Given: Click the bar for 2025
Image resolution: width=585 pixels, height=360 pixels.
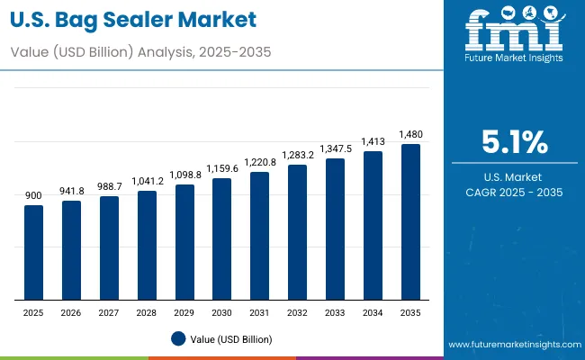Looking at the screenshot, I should click(x=33, y=253).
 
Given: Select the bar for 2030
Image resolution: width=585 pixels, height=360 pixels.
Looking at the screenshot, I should click(x=222, y=239).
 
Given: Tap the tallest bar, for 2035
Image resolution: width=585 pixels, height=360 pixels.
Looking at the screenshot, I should click(x=410, y=222).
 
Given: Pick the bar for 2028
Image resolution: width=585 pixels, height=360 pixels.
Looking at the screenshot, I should click(x=147, y=246).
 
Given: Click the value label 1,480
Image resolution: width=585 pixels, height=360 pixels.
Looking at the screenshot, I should click(x=410, y=135).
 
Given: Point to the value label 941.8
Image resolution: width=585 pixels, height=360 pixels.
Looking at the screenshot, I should click(x=71, y=191).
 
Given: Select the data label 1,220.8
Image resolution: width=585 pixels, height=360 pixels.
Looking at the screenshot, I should click(x=260, y=163).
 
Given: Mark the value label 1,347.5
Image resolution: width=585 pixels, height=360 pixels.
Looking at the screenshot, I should click(x=335, y=148).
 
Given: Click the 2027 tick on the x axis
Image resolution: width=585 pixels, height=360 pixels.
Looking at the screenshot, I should click(x=109, y=312).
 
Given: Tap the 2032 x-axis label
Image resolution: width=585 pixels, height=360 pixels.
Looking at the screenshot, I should click(x=297, y=312).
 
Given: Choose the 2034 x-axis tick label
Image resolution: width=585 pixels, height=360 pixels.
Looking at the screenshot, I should click(x=373, y=312).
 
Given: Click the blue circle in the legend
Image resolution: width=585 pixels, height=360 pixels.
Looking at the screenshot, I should click(x=178, y=338).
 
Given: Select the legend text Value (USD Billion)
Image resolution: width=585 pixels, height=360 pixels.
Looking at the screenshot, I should click(x=230, y=339).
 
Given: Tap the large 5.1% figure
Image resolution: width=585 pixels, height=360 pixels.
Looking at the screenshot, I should click(x=514, y=142).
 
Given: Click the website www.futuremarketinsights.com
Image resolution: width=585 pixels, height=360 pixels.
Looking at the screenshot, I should click(x=511, y=345).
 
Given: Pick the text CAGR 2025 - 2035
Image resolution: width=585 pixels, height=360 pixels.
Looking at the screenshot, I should click(x=514, y=193).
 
